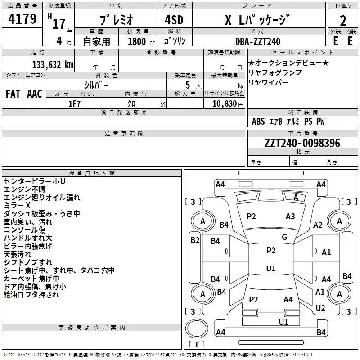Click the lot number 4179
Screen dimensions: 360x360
(x=22, y=19)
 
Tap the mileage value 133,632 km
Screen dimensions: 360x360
(x=53, y=64)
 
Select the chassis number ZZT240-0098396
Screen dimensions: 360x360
(x=302, y=143)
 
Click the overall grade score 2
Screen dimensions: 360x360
(x=343, y=21)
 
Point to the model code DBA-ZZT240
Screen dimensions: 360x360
(x=258, y=41)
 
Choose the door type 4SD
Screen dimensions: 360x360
(x=174, y=20)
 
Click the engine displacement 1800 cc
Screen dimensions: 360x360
(x=141, y=41)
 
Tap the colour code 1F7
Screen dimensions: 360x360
(x=74, y=104)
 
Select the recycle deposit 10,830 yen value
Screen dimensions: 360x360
(x=228, y=104)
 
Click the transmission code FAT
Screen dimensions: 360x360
(x=13, y=94)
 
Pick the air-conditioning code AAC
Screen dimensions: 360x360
(x=35, y=94)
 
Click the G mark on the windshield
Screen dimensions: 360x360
(x=284, y=237)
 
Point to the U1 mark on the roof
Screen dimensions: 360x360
(x=271, y=268)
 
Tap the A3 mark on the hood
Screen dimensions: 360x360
(x=290, y=216)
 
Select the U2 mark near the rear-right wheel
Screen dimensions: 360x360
(x=320, y=308)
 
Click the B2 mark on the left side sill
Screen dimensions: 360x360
(x=195, y=240)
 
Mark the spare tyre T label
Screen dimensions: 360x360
(x=197, y=344)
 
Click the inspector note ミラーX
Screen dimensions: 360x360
(x=17, y=205)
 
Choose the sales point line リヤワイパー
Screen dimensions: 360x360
(x=268, y=82)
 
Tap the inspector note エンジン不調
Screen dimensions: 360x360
(x=24, y=189)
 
